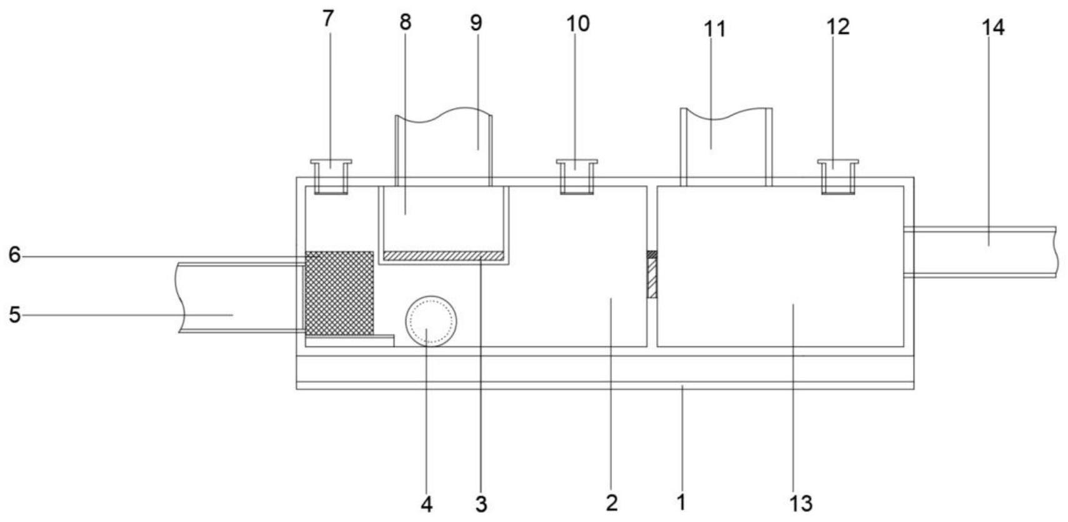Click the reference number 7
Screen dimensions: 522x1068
pos(328,18)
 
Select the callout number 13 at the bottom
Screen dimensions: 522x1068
pos(801,503)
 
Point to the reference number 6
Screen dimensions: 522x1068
pos(14,255)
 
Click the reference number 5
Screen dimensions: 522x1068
pos(14,314)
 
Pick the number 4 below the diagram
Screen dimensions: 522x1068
pos(426,504)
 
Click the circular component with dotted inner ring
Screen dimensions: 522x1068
pos(431,320)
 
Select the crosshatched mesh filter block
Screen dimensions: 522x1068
pos(339,293)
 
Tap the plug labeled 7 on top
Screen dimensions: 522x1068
pos(331,176)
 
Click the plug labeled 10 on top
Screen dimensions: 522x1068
pos(577,176)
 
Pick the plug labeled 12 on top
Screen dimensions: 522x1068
pos(838,176)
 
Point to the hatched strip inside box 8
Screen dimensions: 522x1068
pos(443,256)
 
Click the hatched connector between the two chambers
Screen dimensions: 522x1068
pos(652,275)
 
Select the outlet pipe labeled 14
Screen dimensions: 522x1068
pos(981,251)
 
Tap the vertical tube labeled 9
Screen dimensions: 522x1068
pos(444,150)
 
